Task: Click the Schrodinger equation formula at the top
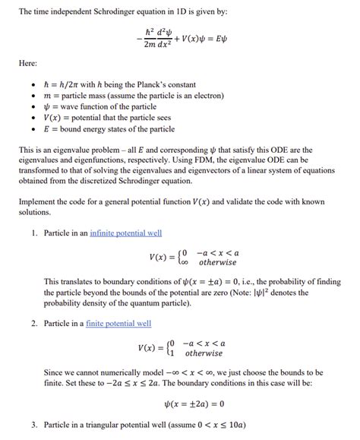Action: point(180,38)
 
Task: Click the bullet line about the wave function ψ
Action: point(106,107)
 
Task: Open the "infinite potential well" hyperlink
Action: point(125,232)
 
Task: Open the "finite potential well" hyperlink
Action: point(120,323)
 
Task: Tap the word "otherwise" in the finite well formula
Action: point(204,353)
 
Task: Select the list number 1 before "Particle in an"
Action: point(34,232)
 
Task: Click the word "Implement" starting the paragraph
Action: point(36,201)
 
